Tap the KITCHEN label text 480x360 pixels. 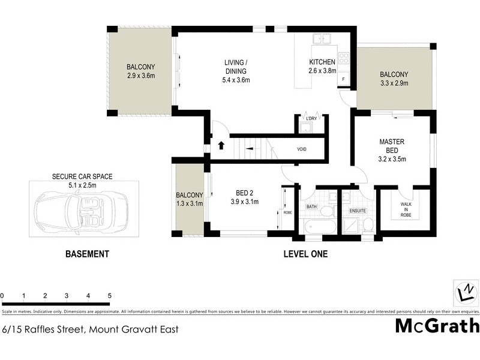323,63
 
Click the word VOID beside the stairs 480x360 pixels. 302,149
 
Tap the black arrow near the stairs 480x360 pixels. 221,145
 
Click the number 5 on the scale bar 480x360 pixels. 110,296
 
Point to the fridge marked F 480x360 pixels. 344,79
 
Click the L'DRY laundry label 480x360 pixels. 310,119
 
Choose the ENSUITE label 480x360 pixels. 358,211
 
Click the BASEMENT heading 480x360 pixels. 87,254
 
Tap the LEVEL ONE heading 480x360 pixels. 305,254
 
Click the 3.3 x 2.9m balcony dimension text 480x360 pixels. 394,83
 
